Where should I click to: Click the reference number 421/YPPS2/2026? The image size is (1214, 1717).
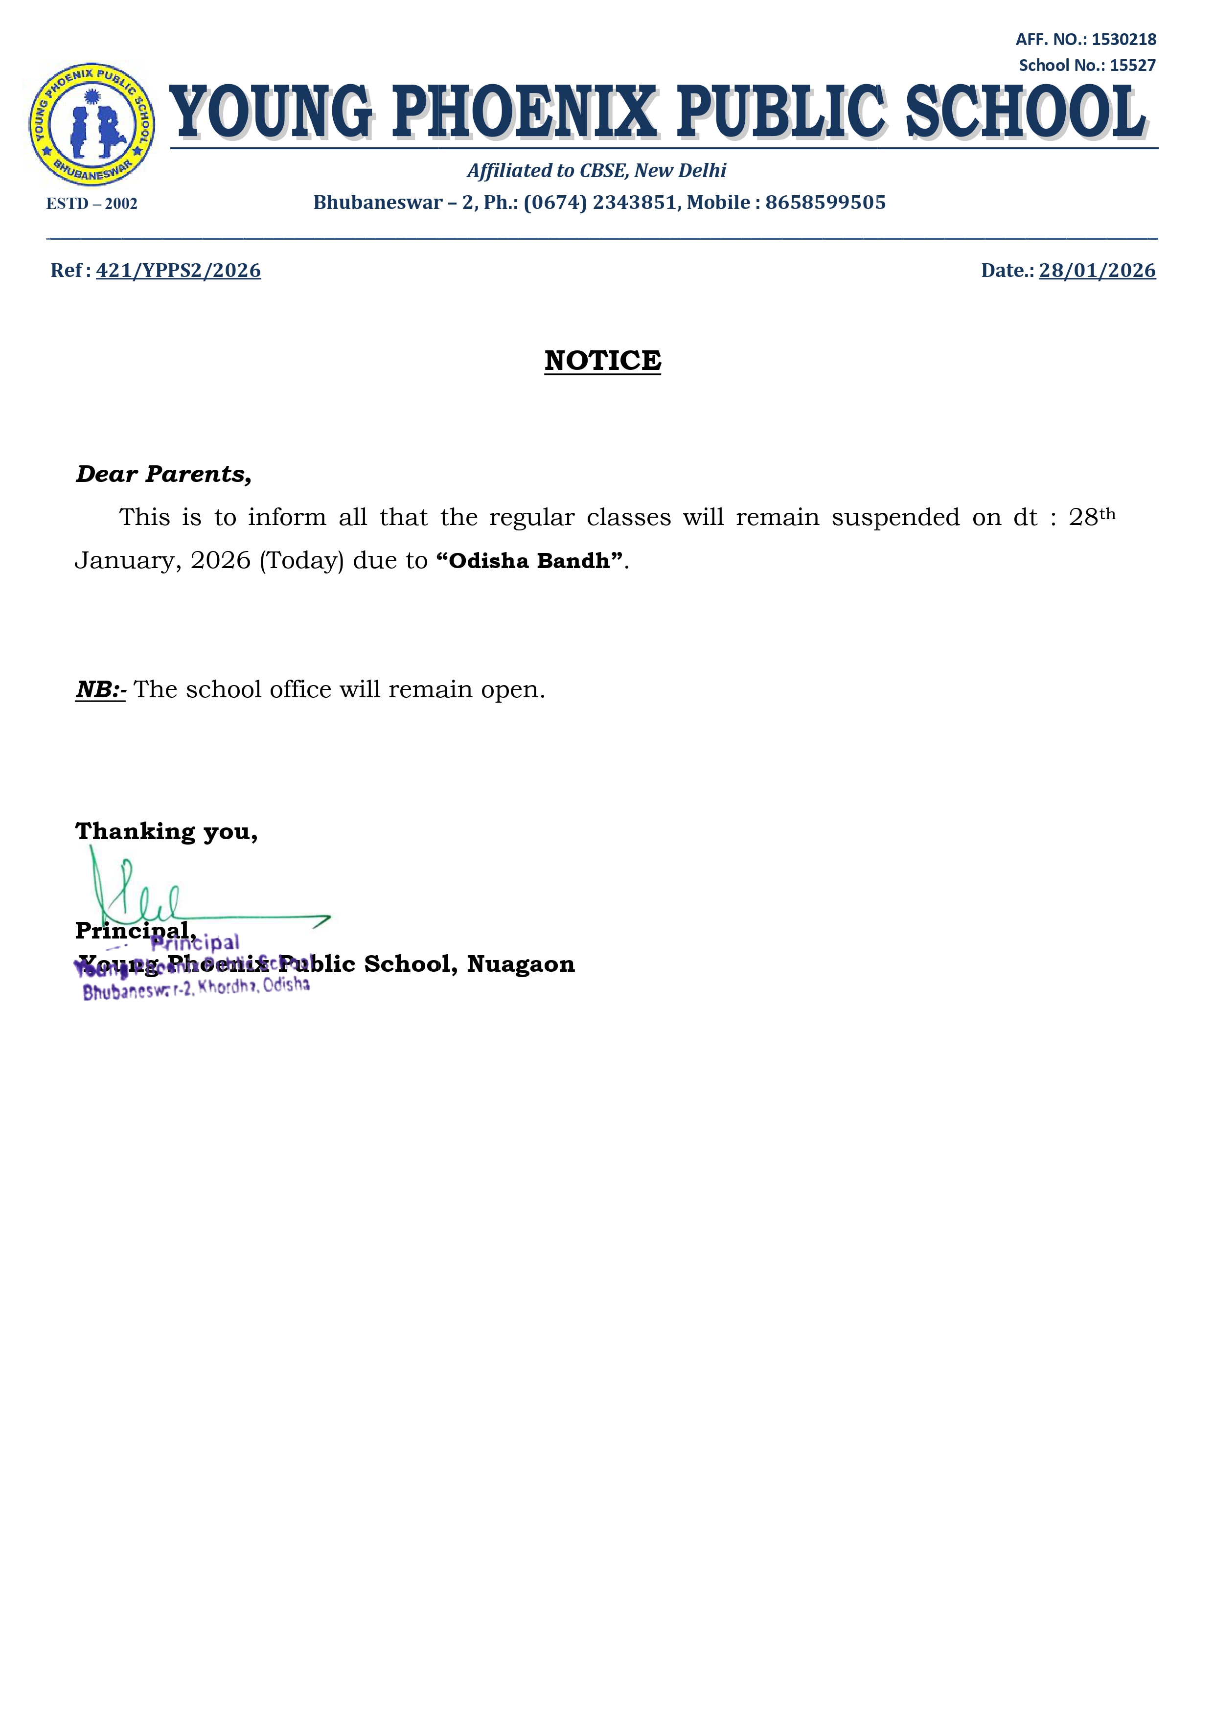(178, 271)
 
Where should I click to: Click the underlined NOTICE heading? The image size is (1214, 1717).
(602, 361)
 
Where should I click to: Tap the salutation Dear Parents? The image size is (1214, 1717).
(163, 474)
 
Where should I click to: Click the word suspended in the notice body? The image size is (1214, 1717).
(895, 518)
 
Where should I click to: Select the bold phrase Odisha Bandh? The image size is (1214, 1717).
(529, 561)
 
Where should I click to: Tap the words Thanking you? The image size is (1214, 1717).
(166, 831)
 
